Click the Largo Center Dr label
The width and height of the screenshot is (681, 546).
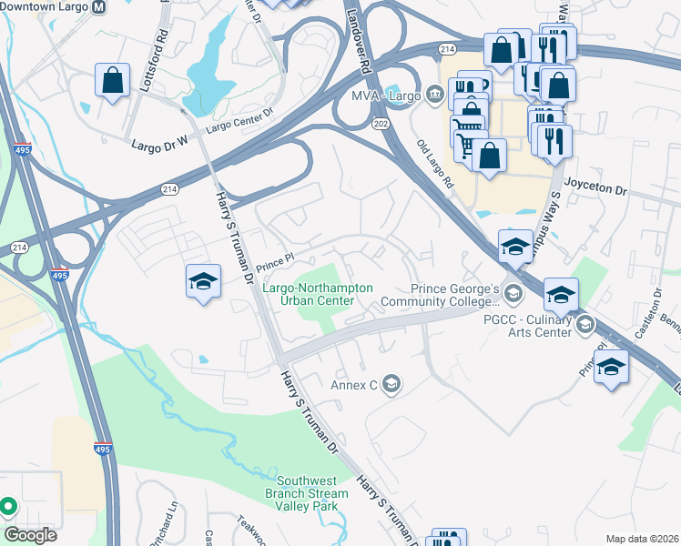(239, 119)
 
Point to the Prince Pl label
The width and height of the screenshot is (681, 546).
(274, 261)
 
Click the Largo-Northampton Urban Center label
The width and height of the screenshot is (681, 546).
(318, 294)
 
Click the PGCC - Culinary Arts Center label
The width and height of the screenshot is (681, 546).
(534, 326)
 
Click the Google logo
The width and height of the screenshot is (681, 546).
(29, 534)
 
